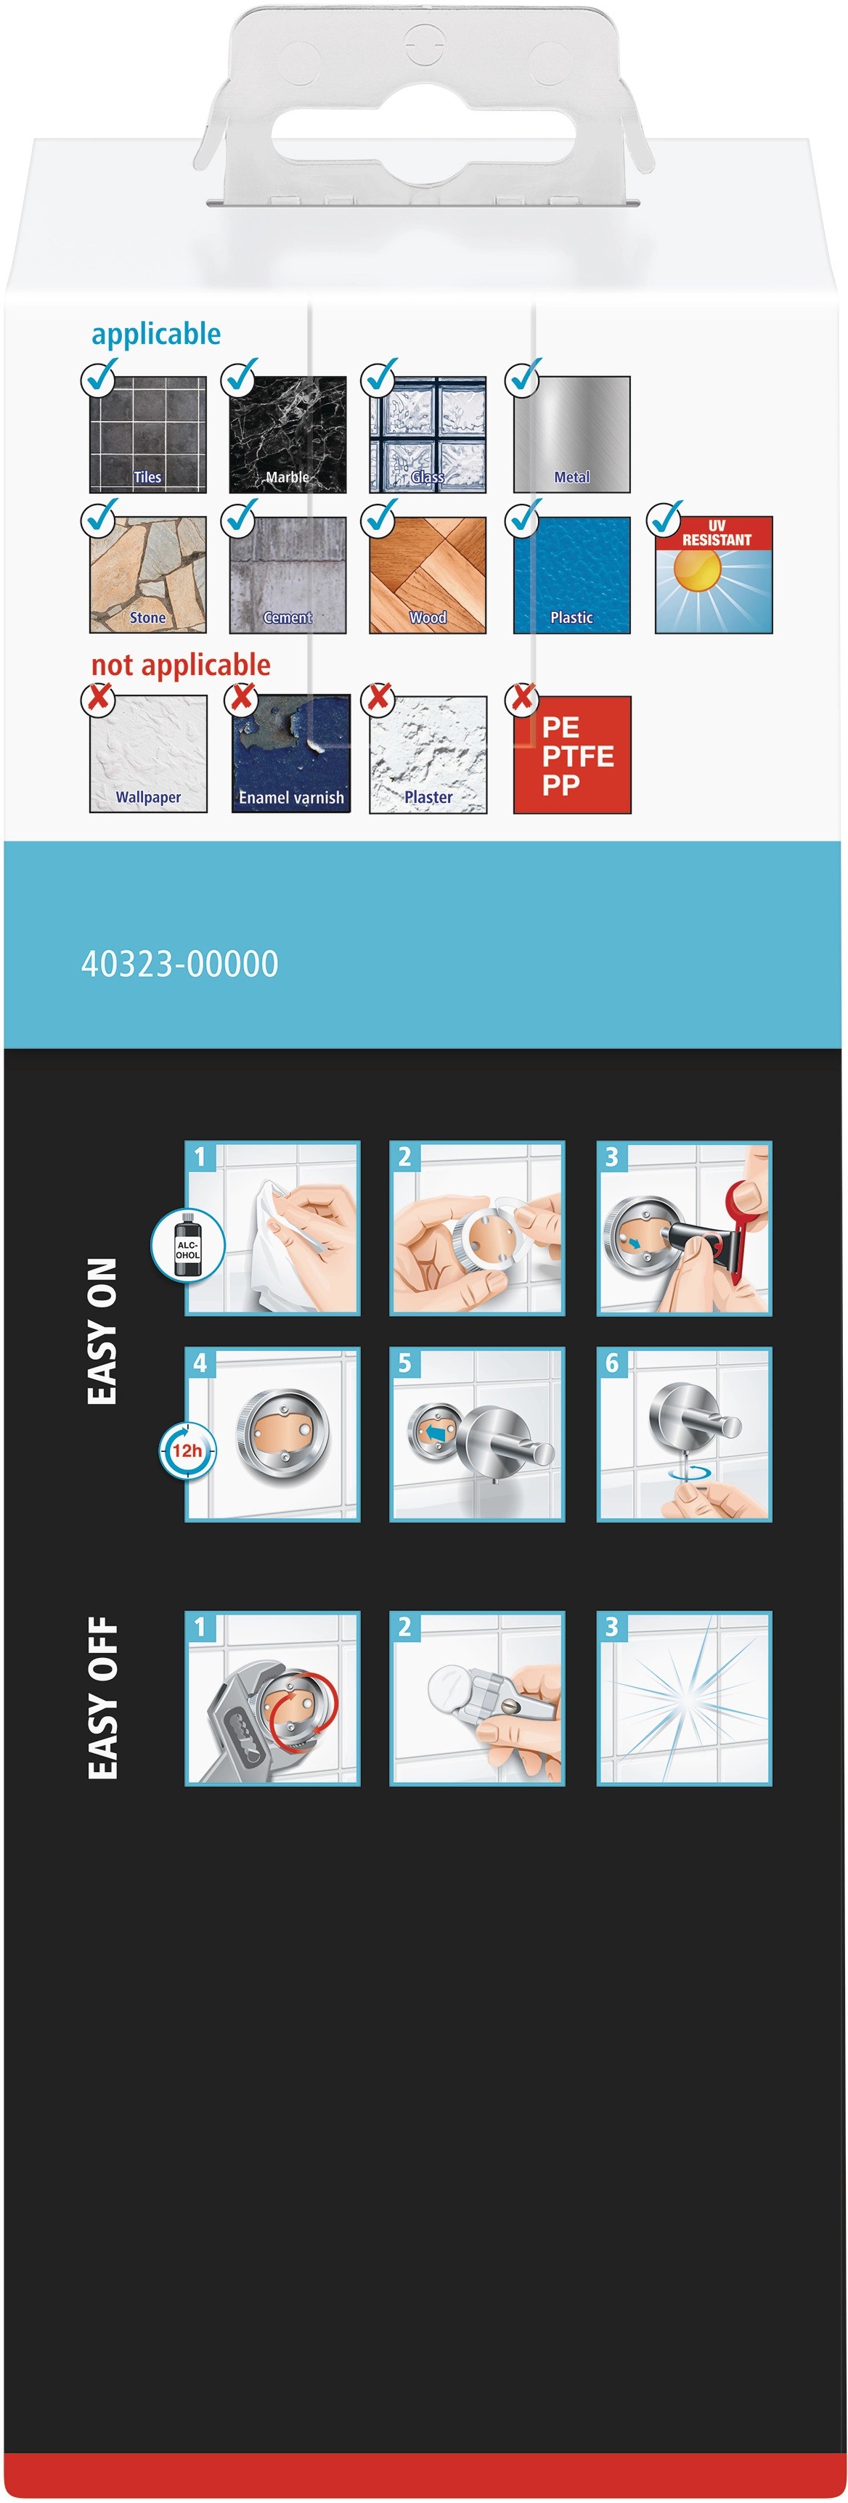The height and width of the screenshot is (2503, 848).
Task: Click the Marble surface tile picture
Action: [288, 434]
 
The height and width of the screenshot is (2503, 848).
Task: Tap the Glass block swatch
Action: [428, 434]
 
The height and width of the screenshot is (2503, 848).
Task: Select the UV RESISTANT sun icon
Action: [714, 575]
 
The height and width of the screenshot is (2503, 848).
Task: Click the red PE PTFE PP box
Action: [572, 755]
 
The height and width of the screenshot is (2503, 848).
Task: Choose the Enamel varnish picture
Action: [290, 754]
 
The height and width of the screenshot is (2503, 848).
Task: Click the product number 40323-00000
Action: [180, 964]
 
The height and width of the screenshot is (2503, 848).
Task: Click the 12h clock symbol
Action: [187, 1450]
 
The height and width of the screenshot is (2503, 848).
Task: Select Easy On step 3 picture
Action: [684, 1229]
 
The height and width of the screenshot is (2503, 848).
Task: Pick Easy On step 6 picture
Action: [684, 1434]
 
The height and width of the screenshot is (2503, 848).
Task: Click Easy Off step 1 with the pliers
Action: [273, 1699]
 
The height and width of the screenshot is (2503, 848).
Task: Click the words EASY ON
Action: [102, 1331]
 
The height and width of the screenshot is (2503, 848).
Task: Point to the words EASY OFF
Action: [102, 1699]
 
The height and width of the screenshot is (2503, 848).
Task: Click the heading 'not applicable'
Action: [181, 666]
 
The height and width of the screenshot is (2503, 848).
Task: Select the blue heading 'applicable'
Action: [155, 334]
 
